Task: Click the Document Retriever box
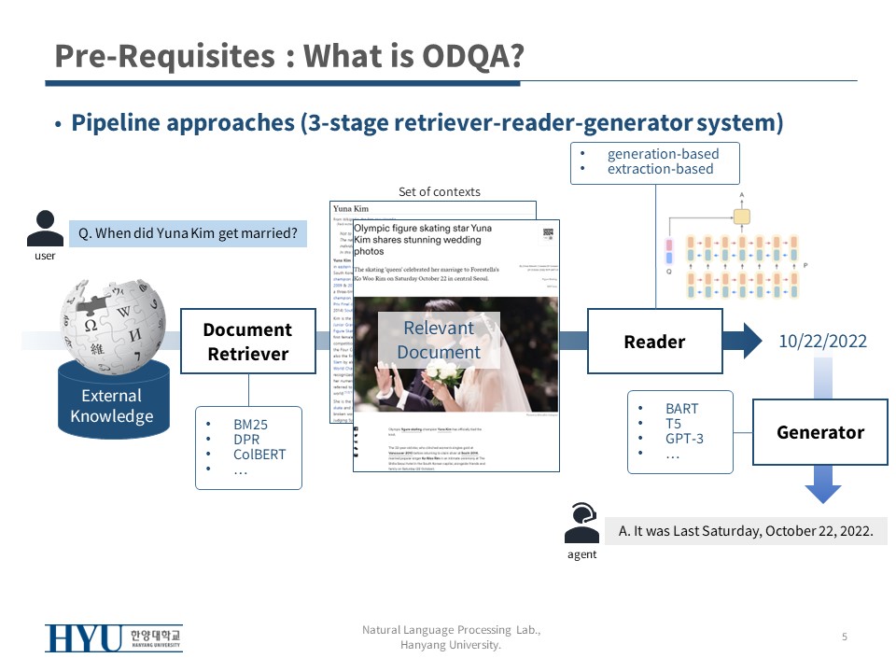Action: click(x=248, y=342)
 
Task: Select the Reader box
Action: click(x=654, y=342)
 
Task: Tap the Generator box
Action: click(x=820, y=432)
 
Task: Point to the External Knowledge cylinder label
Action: click(x=112, y=406)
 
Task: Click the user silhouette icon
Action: click(x=45, y=230)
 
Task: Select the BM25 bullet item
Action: click(x=250, y=424)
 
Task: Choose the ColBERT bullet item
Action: click(x=259, y=455)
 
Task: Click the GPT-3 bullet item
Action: click(x=684, y=438)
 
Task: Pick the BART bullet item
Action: click(x=681, y=409)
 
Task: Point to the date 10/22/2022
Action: click(x=822, y=342)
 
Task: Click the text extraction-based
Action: click(x=660, y=169)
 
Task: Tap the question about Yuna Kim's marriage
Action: click(x=188, y=233)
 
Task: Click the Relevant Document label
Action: click(x=439, y=340)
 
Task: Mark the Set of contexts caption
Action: click(x=439, y=191)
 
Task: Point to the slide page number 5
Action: click(x=845, y=637)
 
